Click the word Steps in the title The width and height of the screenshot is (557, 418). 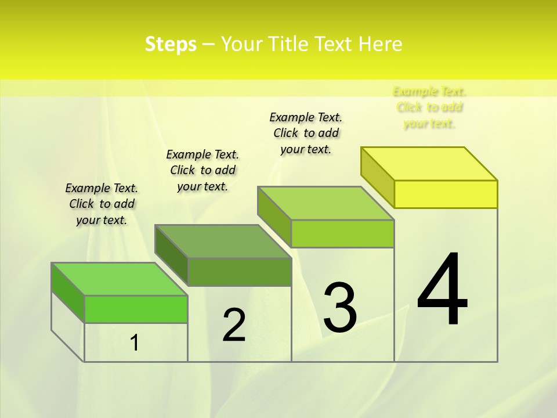pos(171,44)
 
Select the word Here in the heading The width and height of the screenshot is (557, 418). pos(380,44)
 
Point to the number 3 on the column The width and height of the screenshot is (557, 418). pos(340,307)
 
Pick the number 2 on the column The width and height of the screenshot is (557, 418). pos(234,325)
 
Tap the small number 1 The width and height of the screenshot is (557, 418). pos(135,343)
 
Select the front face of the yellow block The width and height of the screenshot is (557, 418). pos(446,194)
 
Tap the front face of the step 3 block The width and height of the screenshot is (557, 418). pos(342,233)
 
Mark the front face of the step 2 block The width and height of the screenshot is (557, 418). pos(239,272)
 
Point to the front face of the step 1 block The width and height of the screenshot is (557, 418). pos(136,309)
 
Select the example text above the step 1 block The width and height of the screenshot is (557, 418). pos(102,204)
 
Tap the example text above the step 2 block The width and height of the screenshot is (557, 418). pos(202,170)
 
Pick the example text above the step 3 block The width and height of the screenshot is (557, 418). pos(306,133)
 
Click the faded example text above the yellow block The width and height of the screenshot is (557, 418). pos(429,107)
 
